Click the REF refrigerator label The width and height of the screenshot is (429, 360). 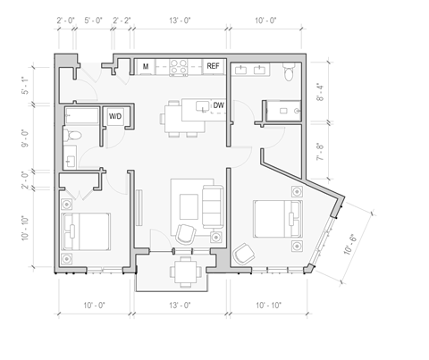[214, 66]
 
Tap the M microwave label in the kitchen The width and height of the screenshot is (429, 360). [144, 66]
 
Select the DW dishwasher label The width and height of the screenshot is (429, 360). [218, 105]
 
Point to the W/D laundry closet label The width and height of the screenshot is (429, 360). [116, 116]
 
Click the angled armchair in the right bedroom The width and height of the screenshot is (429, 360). [242, 255]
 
